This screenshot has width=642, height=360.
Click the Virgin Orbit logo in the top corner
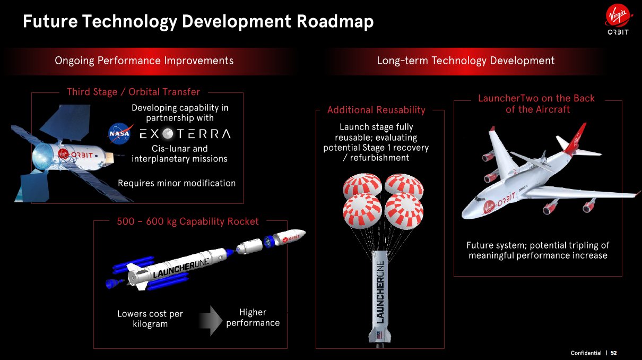pos(618,22)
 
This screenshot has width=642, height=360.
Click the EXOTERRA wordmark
pos(185,134)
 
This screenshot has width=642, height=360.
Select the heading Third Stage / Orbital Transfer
pos(133,92)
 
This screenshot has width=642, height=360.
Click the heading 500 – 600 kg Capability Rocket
pos(188,221)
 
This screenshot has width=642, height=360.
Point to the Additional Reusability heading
pos(376,110)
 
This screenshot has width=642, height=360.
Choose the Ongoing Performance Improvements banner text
pos(144,61)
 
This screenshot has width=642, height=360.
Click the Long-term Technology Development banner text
pos(465,61)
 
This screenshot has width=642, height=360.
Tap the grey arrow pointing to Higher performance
pos(211,320)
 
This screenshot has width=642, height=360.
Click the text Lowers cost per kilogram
pos(150,319)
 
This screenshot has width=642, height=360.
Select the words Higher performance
pos(253,318)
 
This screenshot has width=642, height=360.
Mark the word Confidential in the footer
pos(586,353)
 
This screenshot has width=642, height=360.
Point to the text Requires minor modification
pos(177,183)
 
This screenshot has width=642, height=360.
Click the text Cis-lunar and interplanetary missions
pos(179,153)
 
